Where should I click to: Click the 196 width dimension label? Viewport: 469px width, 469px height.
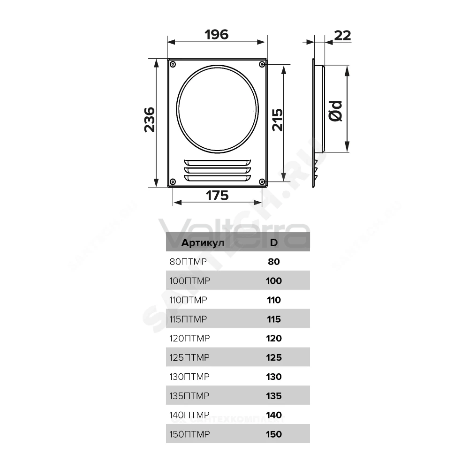click(217, 34)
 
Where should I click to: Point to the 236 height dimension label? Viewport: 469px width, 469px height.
click(150, 120)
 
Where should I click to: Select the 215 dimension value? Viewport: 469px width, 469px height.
click(277, 120)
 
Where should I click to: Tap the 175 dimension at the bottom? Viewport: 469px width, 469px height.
click(217, 196)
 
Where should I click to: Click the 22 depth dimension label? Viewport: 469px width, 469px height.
click(342, 36)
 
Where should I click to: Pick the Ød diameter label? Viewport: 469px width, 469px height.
click(335, 111)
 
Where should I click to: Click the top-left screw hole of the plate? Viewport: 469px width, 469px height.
click(173, 64)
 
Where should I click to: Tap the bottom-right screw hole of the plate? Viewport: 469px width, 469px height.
click(262, 182)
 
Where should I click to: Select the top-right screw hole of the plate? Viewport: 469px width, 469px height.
click(262, 64)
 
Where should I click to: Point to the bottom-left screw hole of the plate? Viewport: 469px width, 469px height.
click(173, 182)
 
